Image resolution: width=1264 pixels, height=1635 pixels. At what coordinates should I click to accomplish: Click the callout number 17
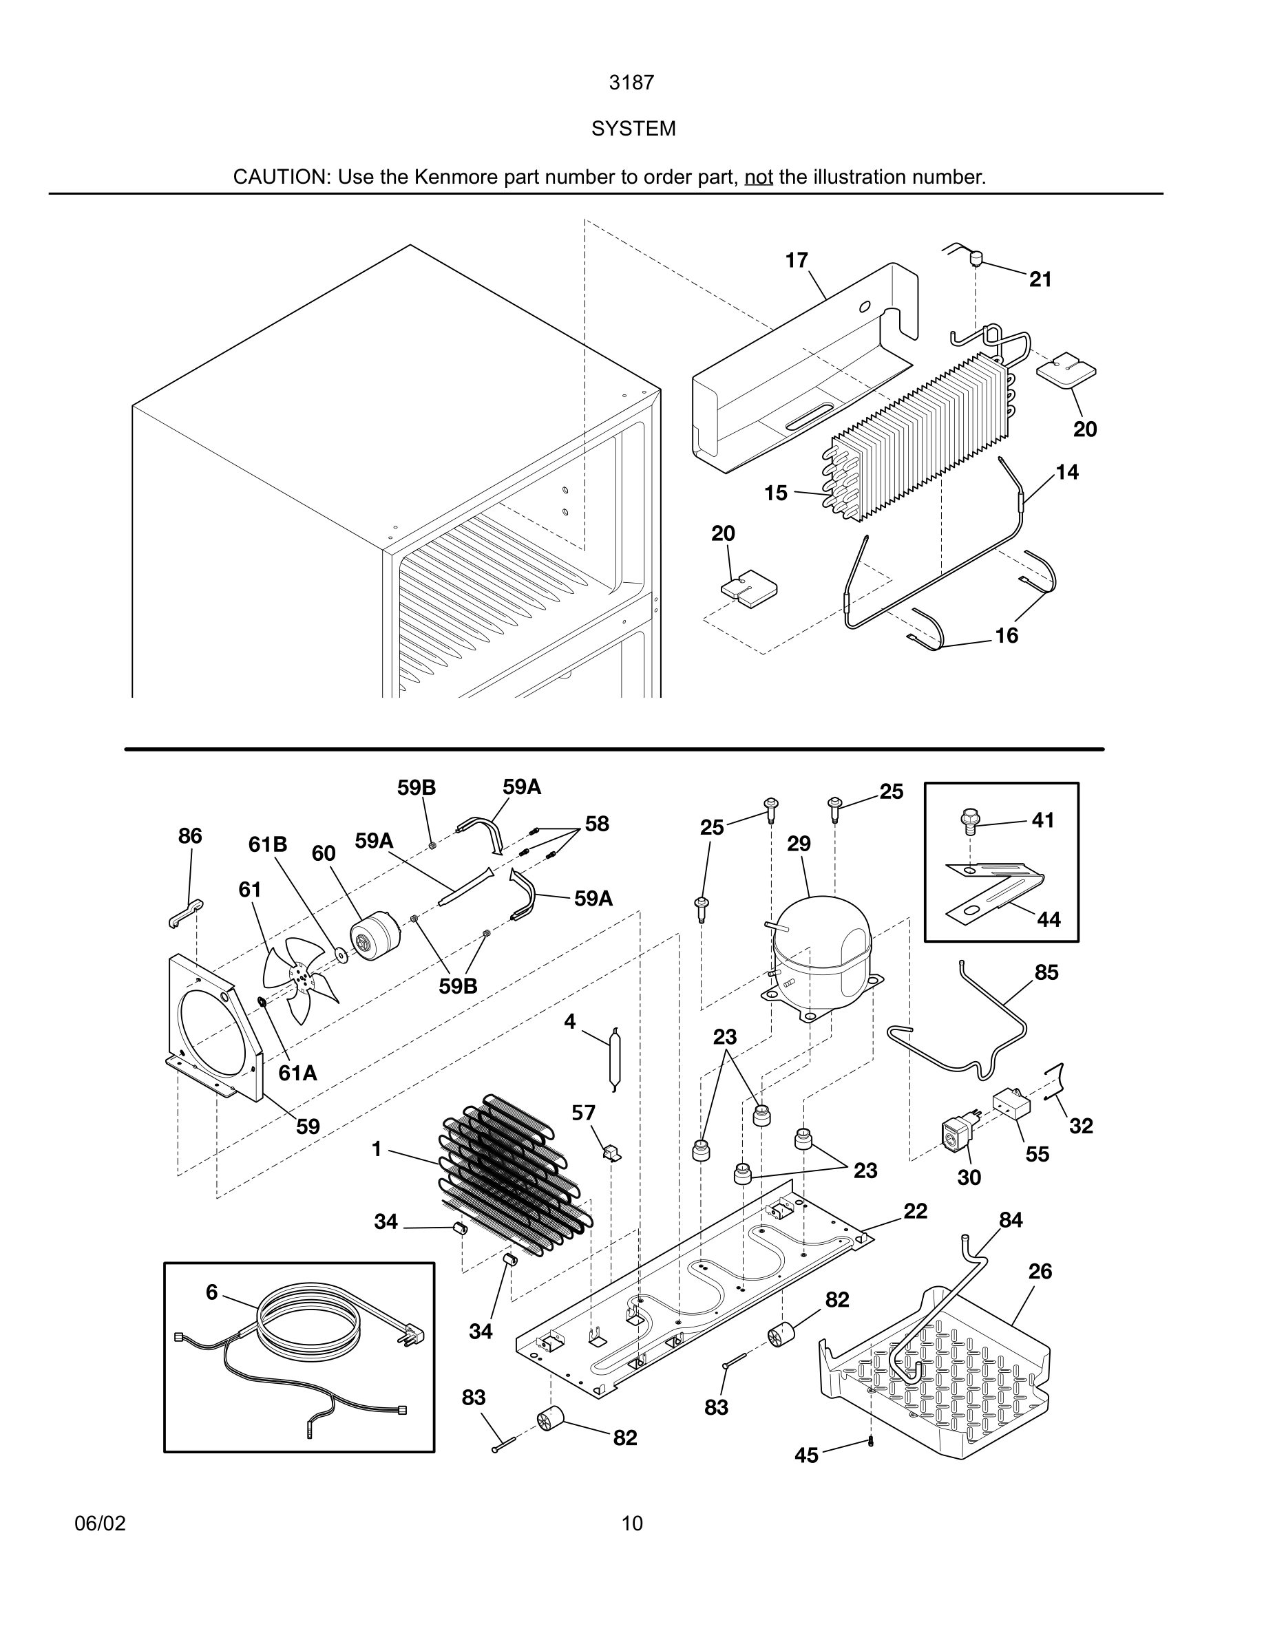tap(796, 261)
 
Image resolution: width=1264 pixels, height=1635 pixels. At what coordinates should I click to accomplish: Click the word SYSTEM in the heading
tap(633, 129)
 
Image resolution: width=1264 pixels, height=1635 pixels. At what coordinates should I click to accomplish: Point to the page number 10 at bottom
tap(632, 1523)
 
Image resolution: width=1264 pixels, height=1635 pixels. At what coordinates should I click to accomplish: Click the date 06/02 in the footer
tap(100, 1523)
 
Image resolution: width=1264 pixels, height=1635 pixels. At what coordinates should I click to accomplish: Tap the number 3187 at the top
tap(631, 83)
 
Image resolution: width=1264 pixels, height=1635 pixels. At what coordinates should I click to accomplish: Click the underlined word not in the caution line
tap(758, 178)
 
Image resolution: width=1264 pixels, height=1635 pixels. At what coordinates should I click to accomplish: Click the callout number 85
tap(1046, 972)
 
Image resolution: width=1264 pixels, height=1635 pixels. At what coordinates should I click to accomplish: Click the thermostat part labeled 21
tap(976, 258)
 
